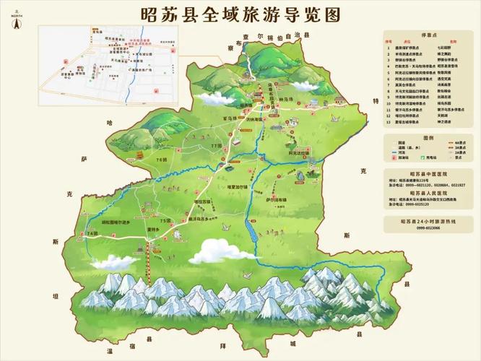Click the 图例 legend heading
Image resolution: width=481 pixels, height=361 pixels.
click(428, 136)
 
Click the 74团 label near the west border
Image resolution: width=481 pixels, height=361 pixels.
click(92, 234)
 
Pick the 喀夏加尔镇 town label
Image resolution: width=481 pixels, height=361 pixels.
click(238, 184)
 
